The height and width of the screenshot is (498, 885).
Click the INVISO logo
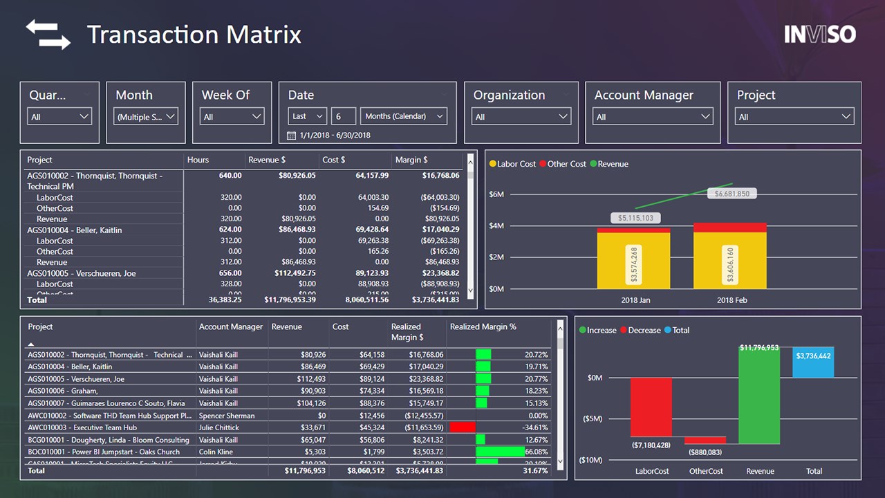pos(820,35)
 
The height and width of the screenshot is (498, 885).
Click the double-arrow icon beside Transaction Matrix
pos(48,35)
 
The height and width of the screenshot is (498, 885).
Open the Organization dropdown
pos(521,117)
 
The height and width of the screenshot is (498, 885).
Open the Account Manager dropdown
pos(653,117)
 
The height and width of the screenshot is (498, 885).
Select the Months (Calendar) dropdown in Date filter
pos(404,116)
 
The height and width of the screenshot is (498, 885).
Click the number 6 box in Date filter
pos(344,116)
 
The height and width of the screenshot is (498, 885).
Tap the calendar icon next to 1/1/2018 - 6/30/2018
pos(291,135)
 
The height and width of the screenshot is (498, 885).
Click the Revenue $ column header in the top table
pos(267,160)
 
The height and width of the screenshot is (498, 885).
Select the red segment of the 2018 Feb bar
pos(729,227)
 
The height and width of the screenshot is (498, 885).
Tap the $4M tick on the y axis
pos(496,225)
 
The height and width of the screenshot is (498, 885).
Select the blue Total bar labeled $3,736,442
pos(813,362)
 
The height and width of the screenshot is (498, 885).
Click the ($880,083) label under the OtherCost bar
pos(705,452)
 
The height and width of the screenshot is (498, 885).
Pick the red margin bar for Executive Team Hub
pos(463,427)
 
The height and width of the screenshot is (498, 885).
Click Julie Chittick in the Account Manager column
pos(218,427)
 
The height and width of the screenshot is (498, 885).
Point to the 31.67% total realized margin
pos(534,470)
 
